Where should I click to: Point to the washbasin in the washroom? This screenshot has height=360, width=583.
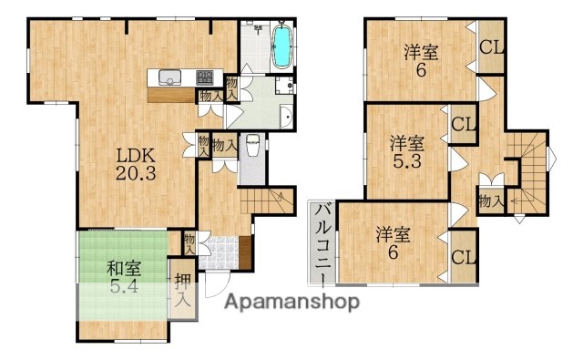pyautogui.click(x=286, y=116)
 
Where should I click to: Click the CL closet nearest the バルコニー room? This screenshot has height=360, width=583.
pyautogui.click(x=463, y=258)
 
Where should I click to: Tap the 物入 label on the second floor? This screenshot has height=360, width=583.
pyautogui.click(x=490, y=200)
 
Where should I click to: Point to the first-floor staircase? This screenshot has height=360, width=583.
pyautogui.click(x=269, y=200)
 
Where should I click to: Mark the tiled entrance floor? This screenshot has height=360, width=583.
pyautogui.click(x=219, y=255)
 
